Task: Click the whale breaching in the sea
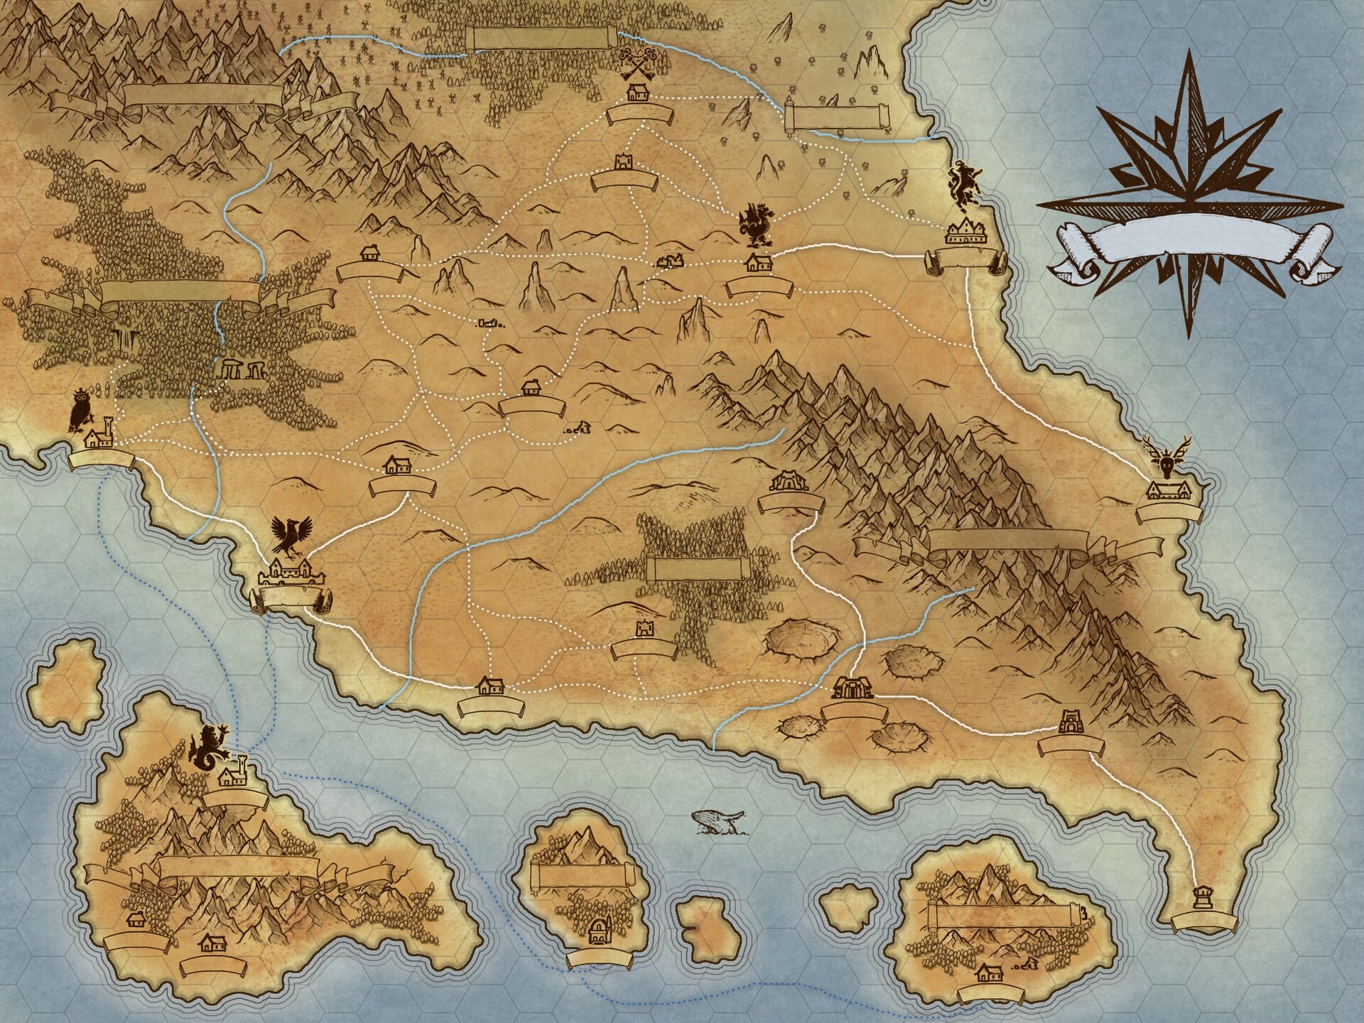click(718, 821)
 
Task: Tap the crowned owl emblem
click(78, 410)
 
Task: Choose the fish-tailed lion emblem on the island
click(208, 748)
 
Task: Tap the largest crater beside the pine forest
click(800, 640)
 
